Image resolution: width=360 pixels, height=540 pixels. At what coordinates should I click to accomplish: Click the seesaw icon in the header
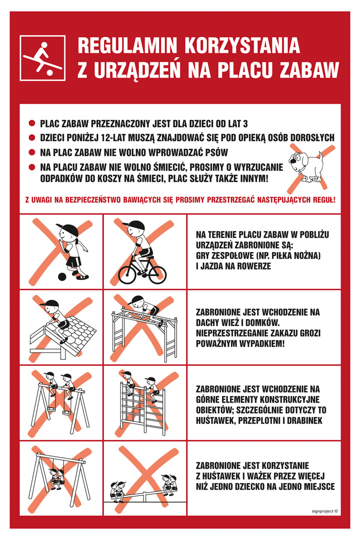42,58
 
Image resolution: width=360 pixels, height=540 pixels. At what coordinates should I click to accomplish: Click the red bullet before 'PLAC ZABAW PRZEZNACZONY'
32,123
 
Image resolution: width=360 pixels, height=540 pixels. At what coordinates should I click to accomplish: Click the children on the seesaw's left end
118,489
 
